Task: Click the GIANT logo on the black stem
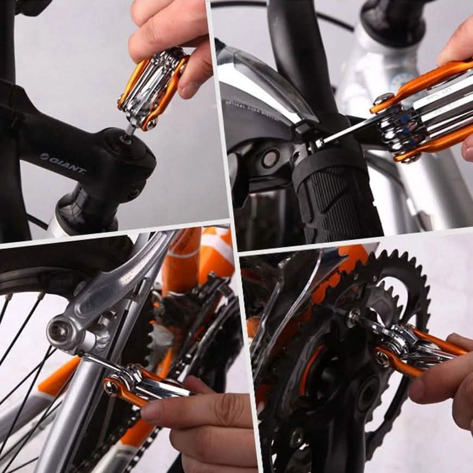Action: pyautogui.click(x=63, y=163)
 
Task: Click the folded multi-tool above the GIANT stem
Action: pyautogui.click(x=153, y=88)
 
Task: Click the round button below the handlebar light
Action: pyautogui.click(x=270, y=158)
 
